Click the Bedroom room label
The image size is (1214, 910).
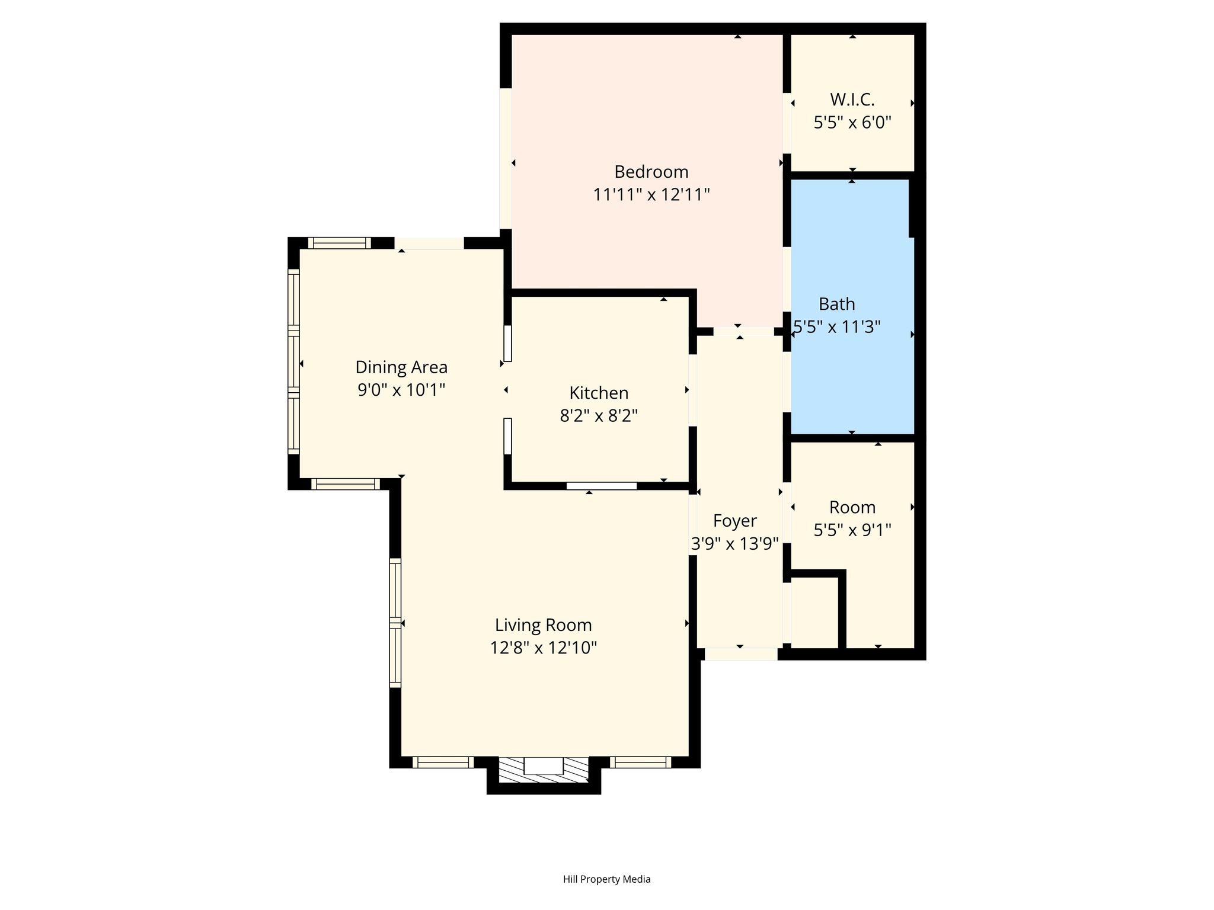651,172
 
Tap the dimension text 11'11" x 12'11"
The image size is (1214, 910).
651,194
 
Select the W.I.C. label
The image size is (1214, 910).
852,100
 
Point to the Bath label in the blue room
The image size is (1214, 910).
836,304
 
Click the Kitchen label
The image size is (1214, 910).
599,393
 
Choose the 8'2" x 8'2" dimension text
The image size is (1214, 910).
599,416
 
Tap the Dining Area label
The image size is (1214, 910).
401,367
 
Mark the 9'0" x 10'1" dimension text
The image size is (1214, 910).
401,390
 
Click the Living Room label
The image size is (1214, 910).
544,625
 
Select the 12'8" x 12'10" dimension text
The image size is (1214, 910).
544,648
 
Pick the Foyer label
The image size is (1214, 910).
735,521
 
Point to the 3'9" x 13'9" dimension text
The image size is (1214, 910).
735,544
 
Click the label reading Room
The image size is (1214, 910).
852,507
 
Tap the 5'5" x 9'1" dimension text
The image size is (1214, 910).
852,530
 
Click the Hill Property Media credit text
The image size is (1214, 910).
607,879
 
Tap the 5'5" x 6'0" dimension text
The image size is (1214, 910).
852,123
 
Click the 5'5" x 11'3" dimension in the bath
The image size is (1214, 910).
837,326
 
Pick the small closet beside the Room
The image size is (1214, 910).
814,613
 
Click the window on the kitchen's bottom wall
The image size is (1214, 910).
602,486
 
